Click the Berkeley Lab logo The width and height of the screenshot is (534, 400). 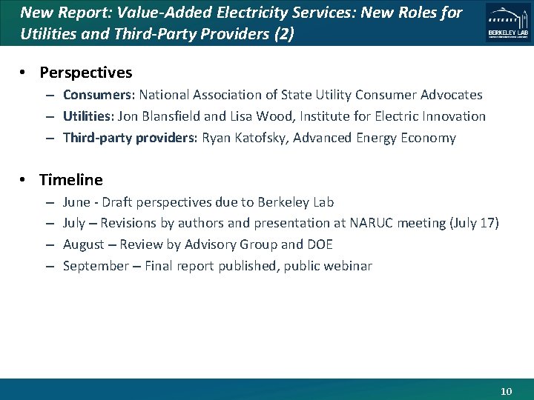[508, 22]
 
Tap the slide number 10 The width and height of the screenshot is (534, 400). [507, 391]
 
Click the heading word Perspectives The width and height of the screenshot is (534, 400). [86, 73]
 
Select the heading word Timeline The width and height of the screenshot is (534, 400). [71, 180]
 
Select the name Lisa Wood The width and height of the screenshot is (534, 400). [274, 116]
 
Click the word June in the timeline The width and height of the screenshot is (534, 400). [76, 202]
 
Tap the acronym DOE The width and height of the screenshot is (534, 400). [319, 244]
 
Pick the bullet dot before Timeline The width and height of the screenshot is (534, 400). [23, 180]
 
